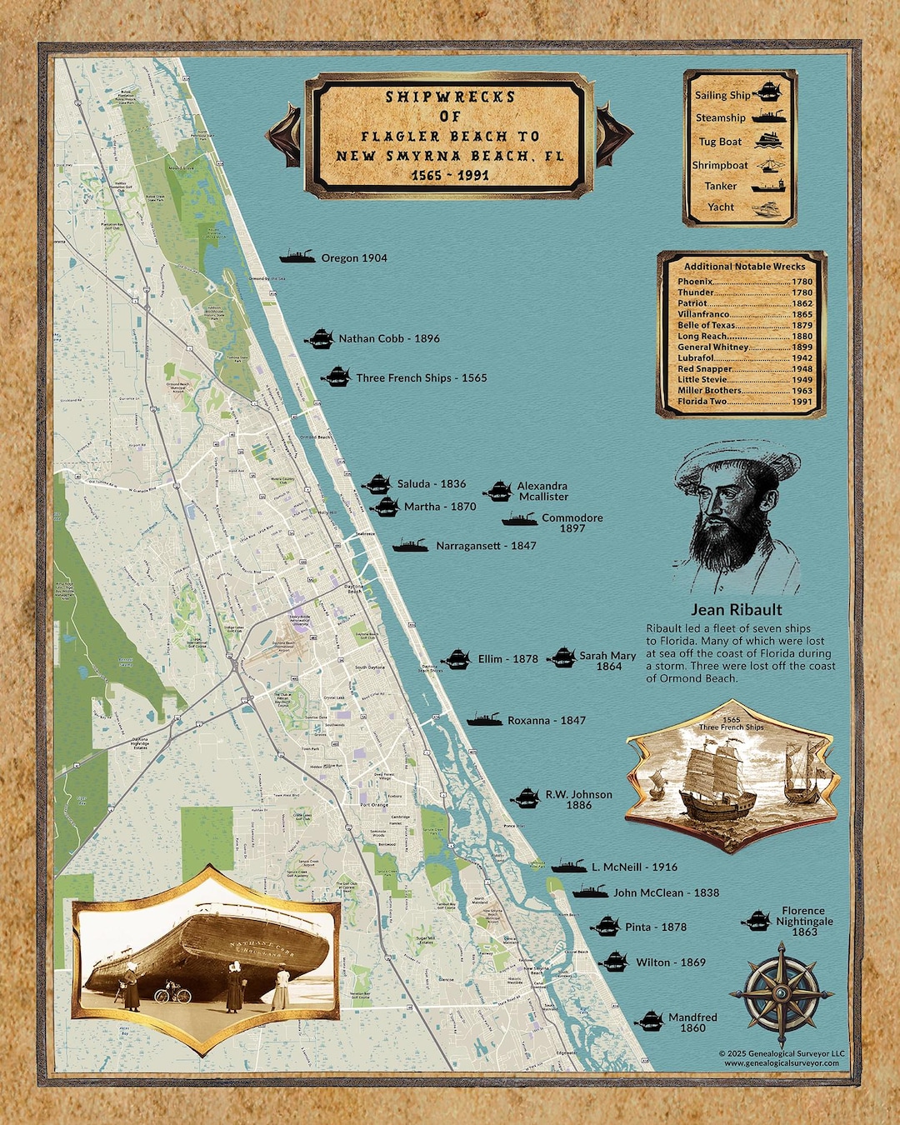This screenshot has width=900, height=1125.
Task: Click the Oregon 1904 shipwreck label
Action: coord(353,258)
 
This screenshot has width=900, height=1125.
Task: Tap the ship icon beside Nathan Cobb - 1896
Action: coord(319,338)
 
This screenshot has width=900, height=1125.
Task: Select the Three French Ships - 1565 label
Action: coord(421,378)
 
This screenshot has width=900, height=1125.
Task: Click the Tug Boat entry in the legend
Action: coord(719,142)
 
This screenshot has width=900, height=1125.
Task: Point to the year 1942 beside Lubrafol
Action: coord(802,358)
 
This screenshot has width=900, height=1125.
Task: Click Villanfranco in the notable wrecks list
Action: coord(702,315)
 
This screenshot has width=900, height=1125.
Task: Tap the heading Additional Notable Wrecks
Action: coord(744,267)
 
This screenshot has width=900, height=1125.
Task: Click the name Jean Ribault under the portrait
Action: coord(736,610)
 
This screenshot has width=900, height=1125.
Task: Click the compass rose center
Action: coord(782,993)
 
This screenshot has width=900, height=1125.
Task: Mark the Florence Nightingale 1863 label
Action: coord(804,922)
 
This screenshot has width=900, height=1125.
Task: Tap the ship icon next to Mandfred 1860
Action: coord(649,1022)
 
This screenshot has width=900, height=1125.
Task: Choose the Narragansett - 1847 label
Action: coord(486,547)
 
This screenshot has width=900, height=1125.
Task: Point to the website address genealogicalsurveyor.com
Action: coord(781,1063)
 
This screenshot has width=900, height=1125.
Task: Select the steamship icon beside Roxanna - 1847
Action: coord(483,720)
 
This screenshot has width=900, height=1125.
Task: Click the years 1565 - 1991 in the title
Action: coord(450,176)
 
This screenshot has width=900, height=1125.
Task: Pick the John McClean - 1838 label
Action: coord(666,893)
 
